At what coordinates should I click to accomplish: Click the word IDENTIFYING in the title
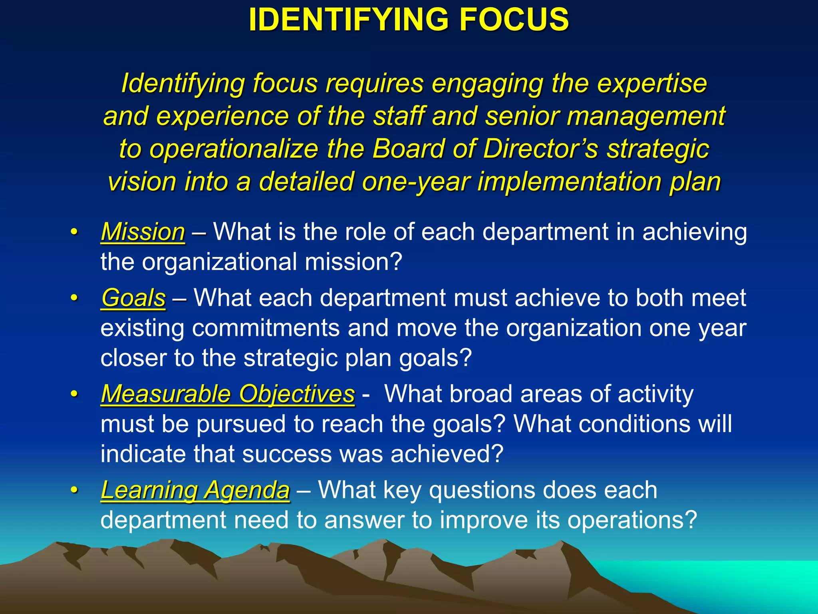tap(350, 20)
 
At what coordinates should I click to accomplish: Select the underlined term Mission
tap(143, 232)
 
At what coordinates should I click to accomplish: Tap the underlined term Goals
tap(133, 298)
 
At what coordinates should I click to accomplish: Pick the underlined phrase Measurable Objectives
tap(228, 394)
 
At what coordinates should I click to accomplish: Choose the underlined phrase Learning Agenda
tap(195, 490)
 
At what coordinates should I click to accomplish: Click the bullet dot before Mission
tap(73, 232)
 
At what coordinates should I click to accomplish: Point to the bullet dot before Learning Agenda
tap(73, 490)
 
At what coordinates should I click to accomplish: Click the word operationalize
tap(234, 149)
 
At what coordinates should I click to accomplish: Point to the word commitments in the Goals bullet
tap(266, 328)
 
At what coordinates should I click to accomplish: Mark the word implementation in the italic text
tap(569, 182)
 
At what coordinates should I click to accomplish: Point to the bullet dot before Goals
tap(73, 299)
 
